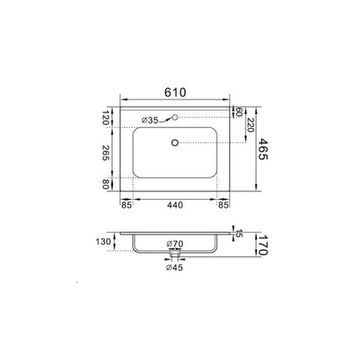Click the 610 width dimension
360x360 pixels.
pos(176,93)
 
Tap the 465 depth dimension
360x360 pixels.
pos(262,149)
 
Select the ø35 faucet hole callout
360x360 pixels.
pos(150,120)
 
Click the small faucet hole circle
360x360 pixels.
pos(175,117)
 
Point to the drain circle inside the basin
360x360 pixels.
pos(175,143)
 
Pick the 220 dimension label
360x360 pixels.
pos(250,125)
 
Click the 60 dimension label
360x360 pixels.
pos(239,112)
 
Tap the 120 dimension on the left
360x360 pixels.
pos(106,118)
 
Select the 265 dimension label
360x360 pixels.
pos(106,153)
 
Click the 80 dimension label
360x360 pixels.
pos(106,184)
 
